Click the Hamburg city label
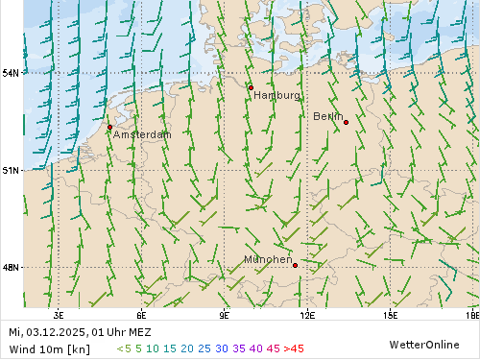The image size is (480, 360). pos(276,96)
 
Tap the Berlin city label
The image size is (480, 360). pos(327,116)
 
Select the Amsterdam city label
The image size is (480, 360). pos(142,135)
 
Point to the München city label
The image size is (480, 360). pos(268,260)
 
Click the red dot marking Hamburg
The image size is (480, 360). pos(251,87)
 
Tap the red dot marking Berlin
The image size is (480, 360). pos(346,122)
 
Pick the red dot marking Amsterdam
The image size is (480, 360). pos(109,127)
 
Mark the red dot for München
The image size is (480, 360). pos(295,265)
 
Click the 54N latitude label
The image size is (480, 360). pos(11,73)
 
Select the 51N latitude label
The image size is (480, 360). pos(11,171)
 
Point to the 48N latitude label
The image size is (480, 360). pos(11,268)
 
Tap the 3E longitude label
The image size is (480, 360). pos(59,314)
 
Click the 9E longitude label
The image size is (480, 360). pos(225,314)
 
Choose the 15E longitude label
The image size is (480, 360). pos(390,314)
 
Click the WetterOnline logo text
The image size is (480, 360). pos(423,343)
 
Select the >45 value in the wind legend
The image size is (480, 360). pos(294,348)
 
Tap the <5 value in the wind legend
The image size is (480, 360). pos(123,348)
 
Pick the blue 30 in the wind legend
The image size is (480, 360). pos(222,348)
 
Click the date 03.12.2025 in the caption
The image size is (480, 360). pos(56,332)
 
